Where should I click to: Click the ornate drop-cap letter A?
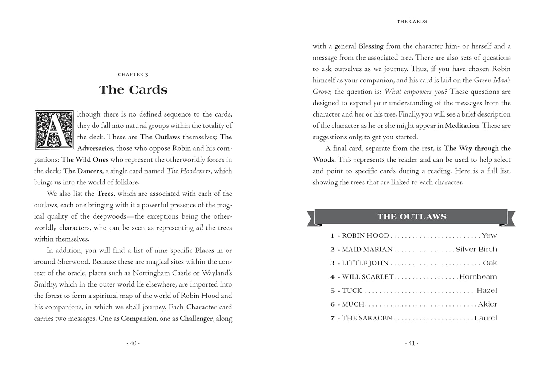54,130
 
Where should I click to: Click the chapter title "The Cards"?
133,90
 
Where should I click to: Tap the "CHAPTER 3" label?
133,74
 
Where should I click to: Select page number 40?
133,343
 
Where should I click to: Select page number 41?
412,343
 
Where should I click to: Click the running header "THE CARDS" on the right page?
412,21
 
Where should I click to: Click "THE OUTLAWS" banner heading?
411,217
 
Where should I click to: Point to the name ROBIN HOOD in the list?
365,236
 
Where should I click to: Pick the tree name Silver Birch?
476,250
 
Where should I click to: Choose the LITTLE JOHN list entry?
365,263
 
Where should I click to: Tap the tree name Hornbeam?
478,277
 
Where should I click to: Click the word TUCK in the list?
352,291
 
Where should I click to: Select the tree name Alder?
487,304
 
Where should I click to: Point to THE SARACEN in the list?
367,318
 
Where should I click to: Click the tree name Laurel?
485,318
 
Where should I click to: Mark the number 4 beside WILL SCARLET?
332,277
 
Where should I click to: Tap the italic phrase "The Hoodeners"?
189,171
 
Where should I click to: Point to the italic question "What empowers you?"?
416,92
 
